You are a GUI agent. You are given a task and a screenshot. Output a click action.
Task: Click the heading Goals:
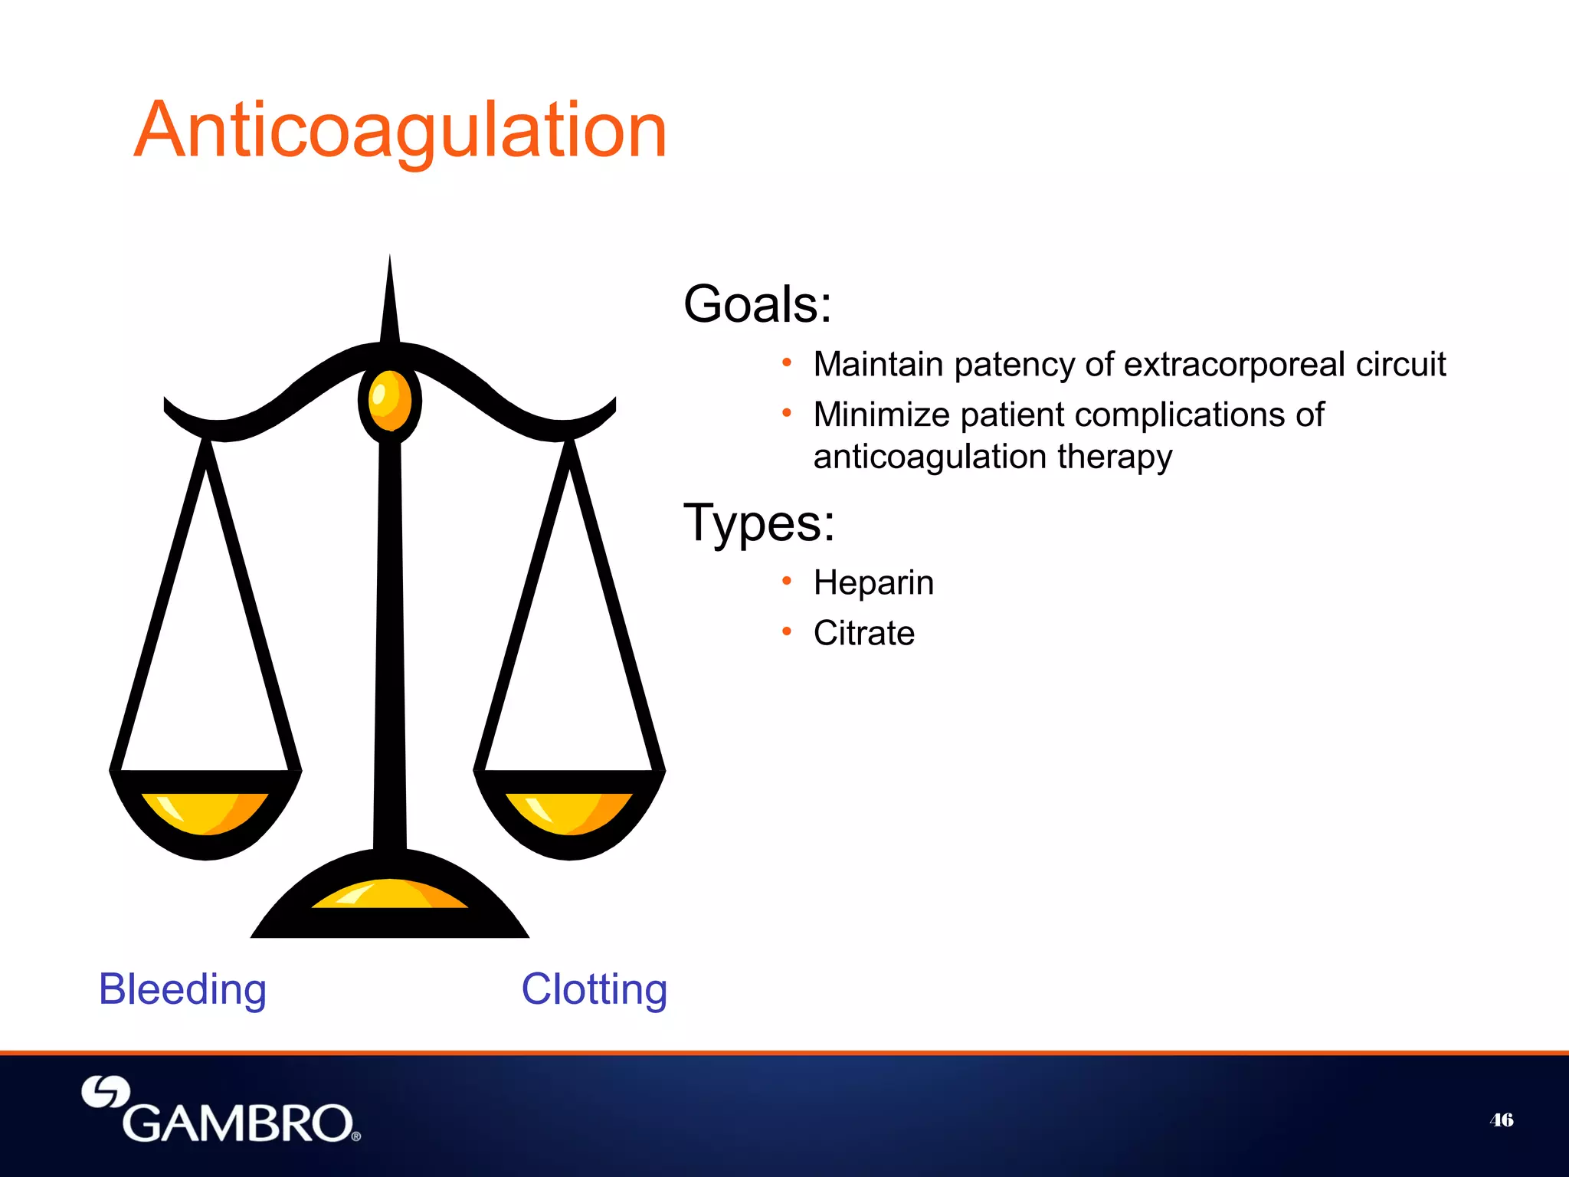click(x=757, y=305)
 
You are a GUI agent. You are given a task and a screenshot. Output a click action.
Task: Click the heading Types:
click(x=758, y=523)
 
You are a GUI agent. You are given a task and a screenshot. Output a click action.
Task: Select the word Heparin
click(x=873, y=583)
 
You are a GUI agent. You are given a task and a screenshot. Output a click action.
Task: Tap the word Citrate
click(x=863, y=634)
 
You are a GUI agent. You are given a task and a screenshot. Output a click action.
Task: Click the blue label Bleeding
click(x=182, y=989)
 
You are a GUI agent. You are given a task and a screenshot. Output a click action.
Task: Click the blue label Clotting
click(x=594, y=989)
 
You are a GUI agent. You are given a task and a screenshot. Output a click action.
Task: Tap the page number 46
click(x=1501, y=1120)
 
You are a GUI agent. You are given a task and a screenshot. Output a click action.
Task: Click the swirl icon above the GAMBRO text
click(x=106, y=1092)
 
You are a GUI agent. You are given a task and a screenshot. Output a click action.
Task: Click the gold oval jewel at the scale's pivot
click(x=389, y=400)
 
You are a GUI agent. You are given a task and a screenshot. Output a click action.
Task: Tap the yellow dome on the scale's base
click(x=390, y=895)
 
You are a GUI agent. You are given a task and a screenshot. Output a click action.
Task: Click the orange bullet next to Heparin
click(x=786, y=581)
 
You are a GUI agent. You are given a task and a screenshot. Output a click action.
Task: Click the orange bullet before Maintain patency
click(x=786, y=362)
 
